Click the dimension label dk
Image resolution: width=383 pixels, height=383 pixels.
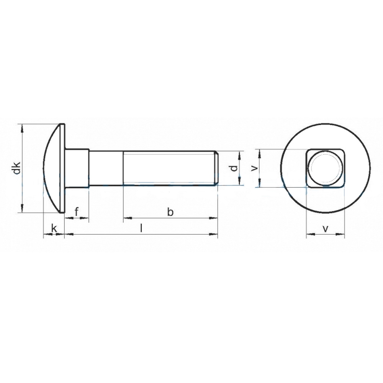click(17, 168)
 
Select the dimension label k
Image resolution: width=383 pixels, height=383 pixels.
click(54, 229)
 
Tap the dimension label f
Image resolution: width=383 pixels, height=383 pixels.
click(77, 212)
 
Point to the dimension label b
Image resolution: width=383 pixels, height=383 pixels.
click(170, 212)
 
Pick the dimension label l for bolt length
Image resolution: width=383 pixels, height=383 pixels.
click(141, 228)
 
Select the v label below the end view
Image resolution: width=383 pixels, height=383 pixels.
click(325, 229)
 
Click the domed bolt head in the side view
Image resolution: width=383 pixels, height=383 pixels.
click(54, 168)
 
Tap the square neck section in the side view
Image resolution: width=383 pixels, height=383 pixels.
click(77, 168)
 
